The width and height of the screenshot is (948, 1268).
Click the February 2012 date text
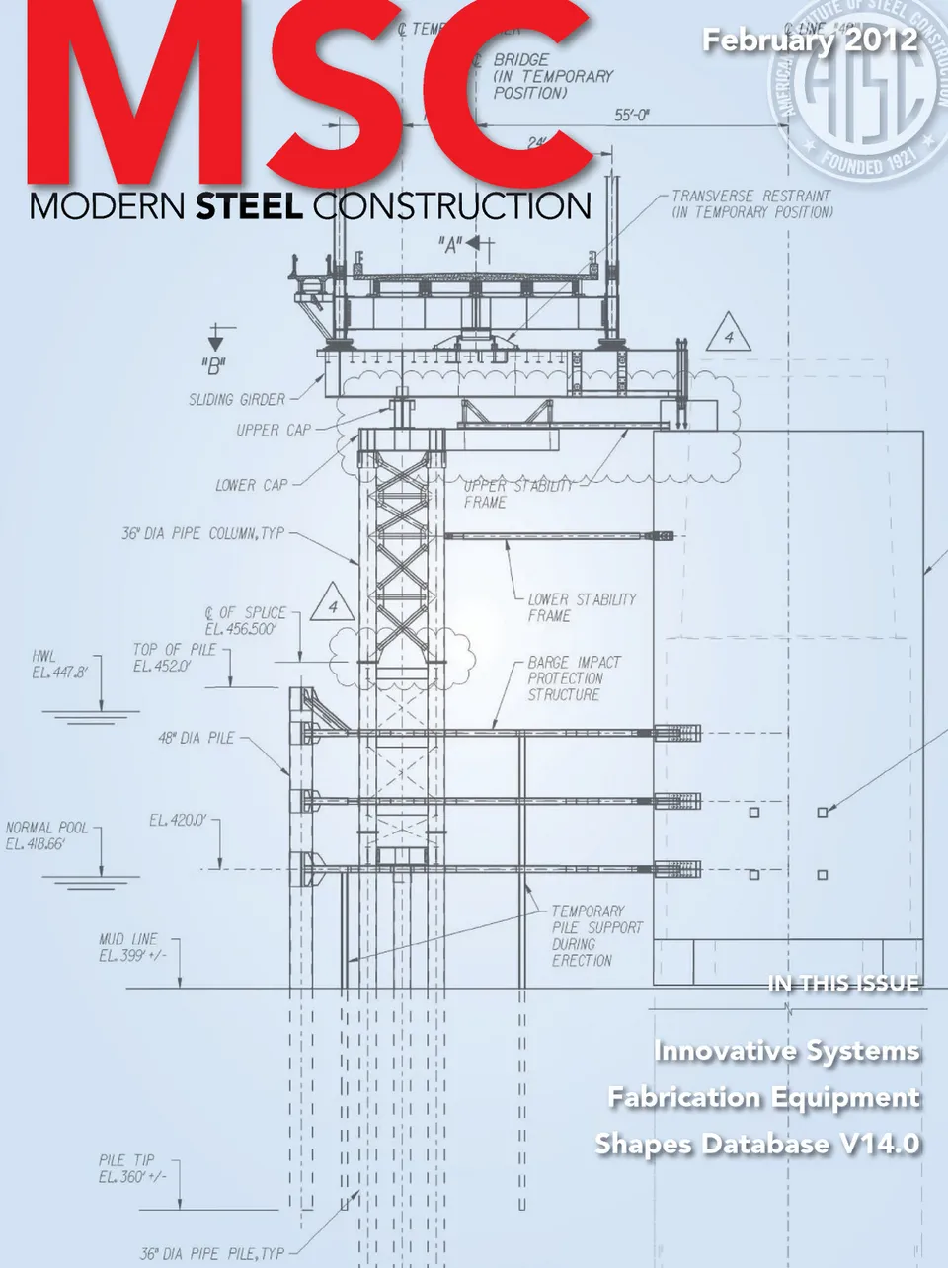point(810,41)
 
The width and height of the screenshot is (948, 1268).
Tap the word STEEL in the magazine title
point(249,207)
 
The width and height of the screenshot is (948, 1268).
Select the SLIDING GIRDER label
point(237,400)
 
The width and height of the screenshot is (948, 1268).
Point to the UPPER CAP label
point(274,431)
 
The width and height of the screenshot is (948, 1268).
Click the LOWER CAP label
point(252,485)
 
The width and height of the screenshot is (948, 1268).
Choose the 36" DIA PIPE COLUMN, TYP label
point(202,533)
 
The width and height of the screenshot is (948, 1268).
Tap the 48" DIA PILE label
point(197,738)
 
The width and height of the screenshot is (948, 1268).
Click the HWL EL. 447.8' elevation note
point(59,664)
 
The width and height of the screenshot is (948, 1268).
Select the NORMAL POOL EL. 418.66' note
point(46,835)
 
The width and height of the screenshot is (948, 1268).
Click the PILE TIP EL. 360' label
point(132,1168)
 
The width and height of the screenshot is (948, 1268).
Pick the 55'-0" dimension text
point(632,116)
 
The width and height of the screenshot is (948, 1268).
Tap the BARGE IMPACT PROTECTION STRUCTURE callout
point(574,678)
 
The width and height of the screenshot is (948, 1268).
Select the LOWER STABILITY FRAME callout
point(581,607)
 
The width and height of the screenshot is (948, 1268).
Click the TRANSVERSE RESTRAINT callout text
point(751,204)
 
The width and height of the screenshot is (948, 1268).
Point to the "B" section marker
point(213,366)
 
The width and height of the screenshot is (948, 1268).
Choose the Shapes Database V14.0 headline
point(757,1144)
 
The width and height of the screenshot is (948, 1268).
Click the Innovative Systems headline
point(786,1051)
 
